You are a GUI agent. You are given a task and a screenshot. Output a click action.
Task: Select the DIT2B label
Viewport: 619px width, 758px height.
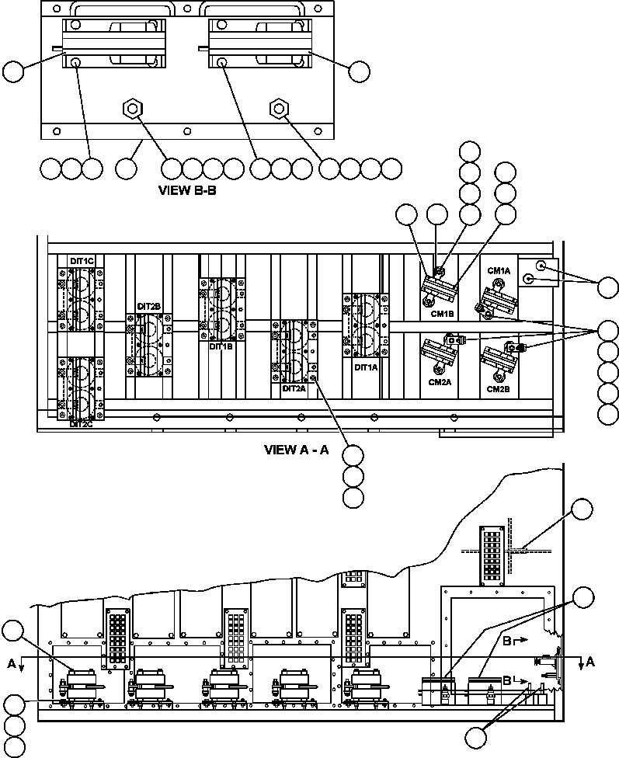pyautogui.click(x=148, y=307)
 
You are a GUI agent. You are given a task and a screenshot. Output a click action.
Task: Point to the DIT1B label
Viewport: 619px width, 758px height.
pyautogui.click(x=221, y=347)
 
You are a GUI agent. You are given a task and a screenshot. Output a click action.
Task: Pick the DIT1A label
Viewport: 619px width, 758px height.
pyautogui.click(x=365, y=367)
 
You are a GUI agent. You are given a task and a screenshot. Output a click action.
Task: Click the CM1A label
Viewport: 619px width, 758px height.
pyautogui.click(x=499, y=270)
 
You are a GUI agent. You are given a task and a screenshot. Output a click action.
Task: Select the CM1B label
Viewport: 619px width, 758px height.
pyautogui.click(x=441, y=314)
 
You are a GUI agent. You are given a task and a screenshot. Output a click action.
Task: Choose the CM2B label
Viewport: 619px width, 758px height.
pyautogui.click(x=498, y=388)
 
